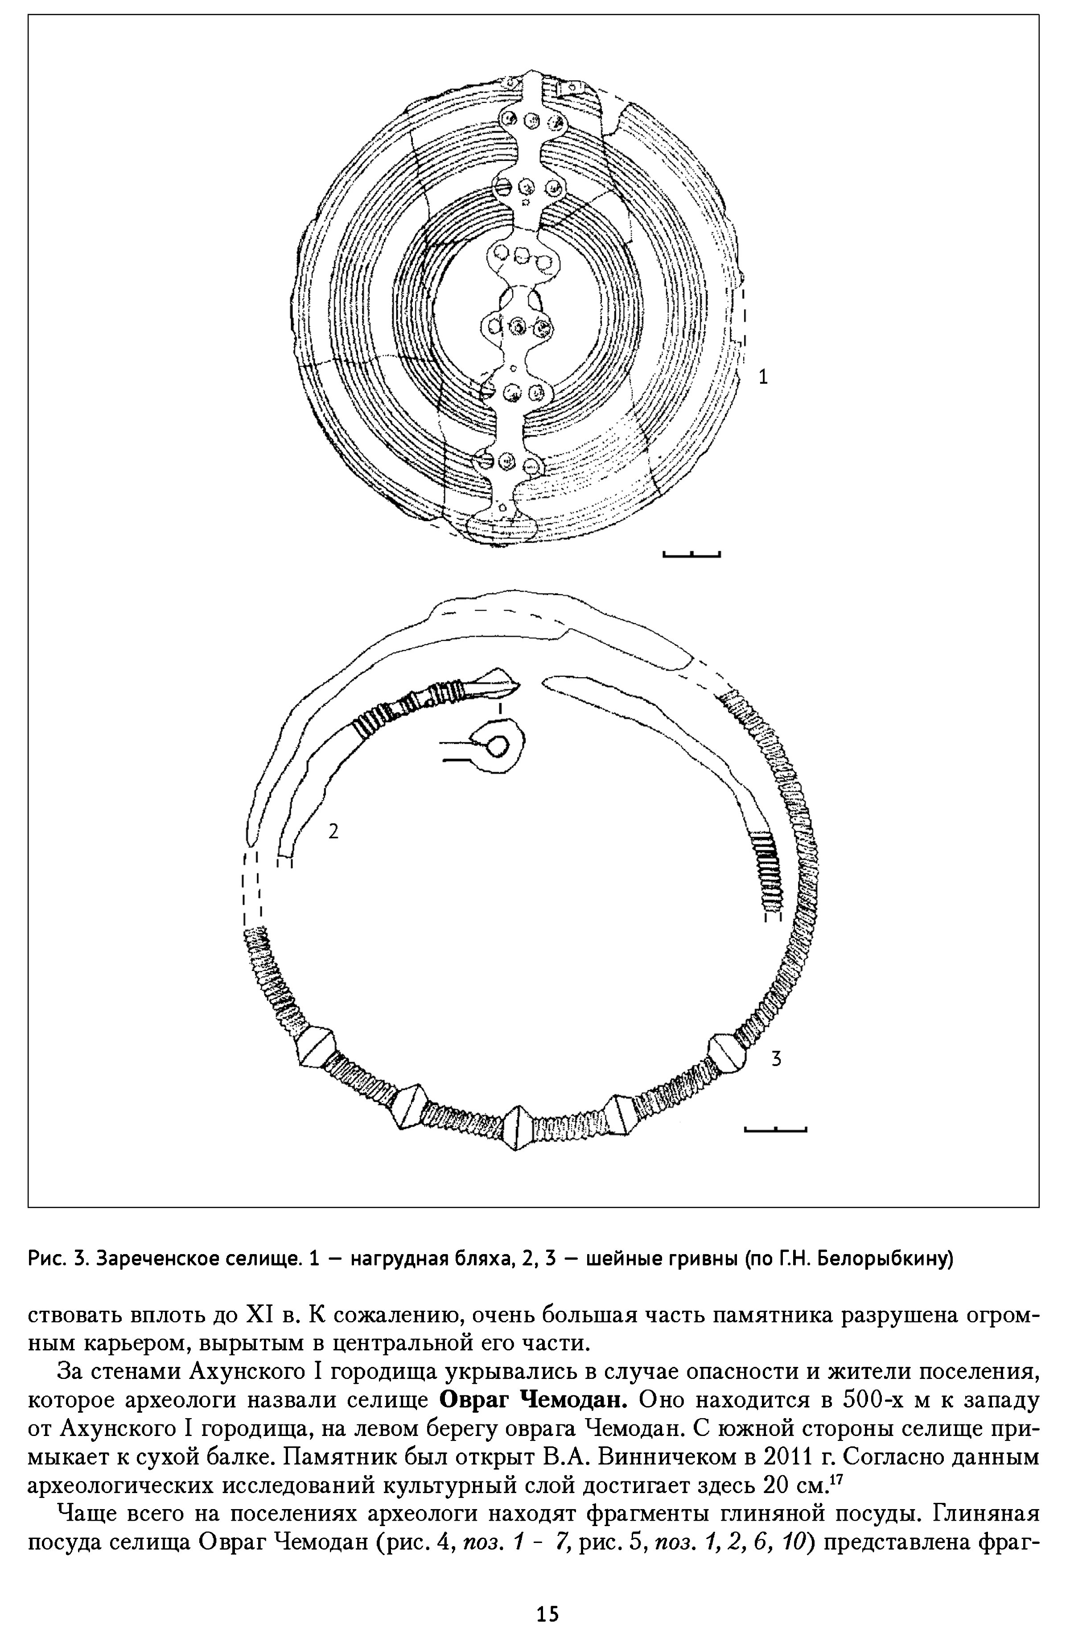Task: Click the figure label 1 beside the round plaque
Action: [763, 376]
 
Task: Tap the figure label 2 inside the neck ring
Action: [333, 831]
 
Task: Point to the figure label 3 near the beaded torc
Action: [776, 1058]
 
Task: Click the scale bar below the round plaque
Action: [691, 555]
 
